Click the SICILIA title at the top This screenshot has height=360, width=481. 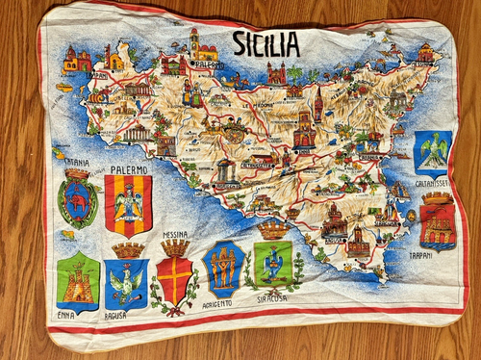[266, 43]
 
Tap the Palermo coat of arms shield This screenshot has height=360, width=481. [128, 206]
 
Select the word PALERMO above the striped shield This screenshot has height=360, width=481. [129, 170]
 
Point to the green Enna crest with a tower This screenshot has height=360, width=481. [78, 282]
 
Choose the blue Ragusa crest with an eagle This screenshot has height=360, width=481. [127, 281]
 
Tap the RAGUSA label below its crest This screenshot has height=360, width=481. [117, 315]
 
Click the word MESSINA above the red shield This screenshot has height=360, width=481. [175, 234]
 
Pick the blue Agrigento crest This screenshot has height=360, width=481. [225, 269]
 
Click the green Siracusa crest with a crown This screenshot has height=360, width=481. [272, 262]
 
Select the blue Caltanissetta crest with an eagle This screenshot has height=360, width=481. [432, 153]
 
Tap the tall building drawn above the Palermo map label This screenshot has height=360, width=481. [198, 43]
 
